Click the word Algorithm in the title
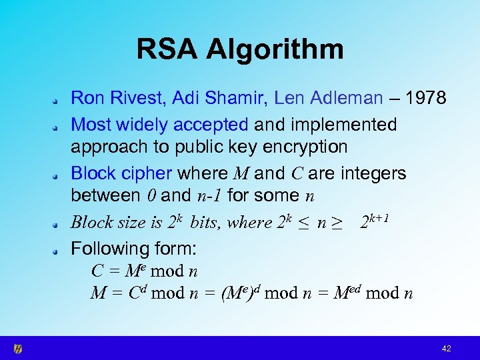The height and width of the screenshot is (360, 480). (275, 49)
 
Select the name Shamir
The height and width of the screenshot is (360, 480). (240, 99)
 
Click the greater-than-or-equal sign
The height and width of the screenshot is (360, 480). (337, 223)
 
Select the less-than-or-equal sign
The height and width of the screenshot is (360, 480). (303, 223)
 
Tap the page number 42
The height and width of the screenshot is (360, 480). (446, 349)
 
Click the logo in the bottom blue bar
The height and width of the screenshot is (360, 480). (18, 349)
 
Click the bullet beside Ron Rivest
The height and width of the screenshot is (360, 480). (59, 100)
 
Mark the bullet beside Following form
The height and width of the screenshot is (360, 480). (59, 250)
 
